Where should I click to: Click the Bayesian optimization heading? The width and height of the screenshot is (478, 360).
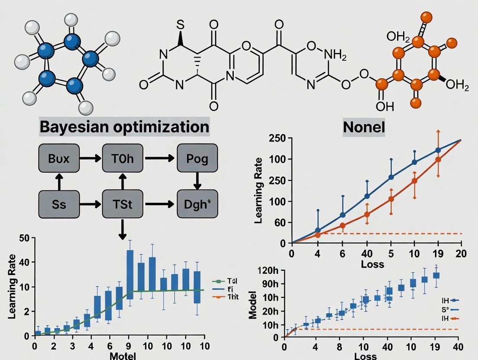pos(124,127)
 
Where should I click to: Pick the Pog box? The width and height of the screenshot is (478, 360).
pos(197,158)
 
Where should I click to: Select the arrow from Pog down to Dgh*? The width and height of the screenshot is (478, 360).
pos(197,180)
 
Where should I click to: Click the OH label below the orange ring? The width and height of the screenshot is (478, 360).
pos(382,106)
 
